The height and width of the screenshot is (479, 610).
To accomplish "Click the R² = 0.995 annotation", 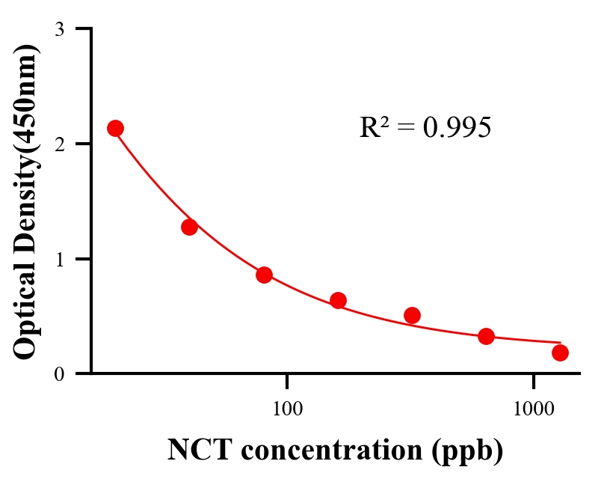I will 425,128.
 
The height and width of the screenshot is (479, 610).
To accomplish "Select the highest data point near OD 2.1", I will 115,128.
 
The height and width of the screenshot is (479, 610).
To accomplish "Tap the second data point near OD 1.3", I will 189,227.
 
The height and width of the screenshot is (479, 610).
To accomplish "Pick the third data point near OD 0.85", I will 264,275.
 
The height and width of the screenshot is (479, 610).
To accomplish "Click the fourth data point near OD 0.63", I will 338,300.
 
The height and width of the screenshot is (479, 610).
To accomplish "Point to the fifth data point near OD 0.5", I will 412,315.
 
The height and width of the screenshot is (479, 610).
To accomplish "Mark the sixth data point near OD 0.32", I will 486,336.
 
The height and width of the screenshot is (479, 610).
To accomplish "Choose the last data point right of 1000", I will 560,353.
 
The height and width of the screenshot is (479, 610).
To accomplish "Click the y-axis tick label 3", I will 59,29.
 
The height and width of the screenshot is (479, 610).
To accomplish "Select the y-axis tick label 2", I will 59,144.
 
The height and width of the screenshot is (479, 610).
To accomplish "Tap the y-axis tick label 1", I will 59,259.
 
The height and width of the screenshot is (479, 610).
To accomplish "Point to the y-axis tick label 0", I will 59,374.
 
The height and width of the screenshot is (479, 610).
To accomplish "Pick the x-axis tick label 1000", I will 534,409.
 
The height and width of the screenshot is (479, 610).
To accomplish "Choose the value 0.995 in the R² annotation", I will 457,128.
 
